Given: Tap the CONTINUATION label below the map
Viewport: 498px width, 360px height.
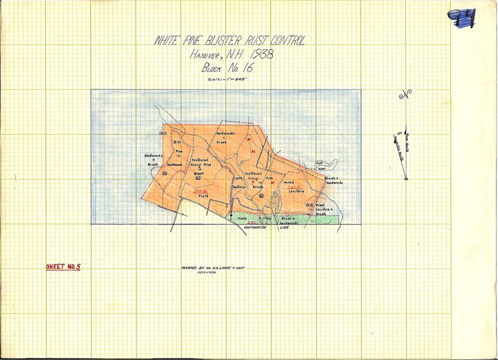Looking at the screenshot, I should [x=255, y=227].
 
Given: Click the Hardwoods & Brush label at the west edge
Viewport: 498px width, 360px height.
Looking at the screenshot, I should [x=154, y=159].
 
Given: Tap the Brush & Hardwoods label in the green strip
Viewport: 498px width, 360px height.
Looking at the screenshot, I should [x=288, y=220].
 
